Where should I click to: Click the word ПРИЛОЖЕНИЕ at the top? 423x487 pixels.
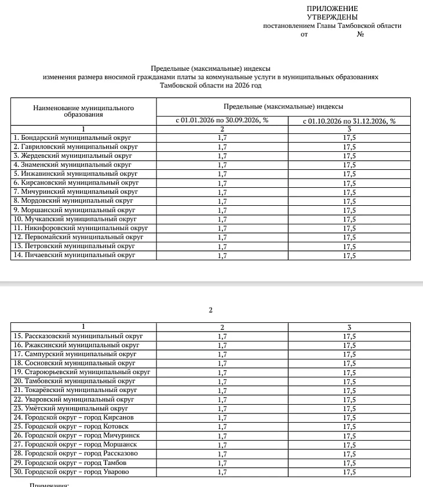332,9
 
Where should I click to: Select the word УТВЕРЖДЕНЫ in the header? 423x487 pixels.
332,17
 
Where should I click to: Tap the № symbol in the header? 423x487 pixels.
360,34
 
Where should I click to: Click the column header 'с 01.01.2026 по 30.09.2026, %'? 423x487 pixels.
222,121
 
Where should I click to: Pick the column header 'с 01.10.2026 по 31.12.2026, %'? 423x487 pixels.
349,121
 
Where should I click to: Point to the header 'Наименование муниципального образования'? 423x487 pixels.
83,111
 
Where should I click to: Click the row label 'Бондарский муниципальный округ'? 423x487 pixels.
72,138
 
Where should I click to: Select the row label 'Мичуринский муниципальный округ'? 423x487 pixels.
75,192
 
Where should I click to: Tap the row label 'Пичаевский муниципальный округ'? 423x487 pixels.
74,255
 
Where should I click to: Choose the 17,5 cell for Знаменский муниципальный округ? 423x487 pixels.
349,165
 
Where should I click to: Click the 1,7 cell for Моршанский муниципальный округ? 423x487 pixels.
222,210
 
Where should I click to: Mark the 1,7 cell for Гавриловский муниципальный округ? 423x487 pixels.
222,147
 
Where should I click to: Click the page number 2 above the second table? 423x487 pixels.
210,310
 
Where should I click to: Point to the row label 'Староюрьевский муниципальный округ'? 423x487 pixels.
81,372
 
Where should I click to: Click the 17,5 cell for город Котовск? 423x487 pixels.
349,427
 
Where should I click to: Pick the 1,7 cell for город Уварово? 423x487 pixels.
222,472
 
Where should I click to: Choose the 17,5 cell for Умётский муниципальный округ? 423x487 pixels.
349,409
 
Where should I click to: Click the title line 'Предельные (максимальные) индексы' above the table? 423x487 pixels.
210,68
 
